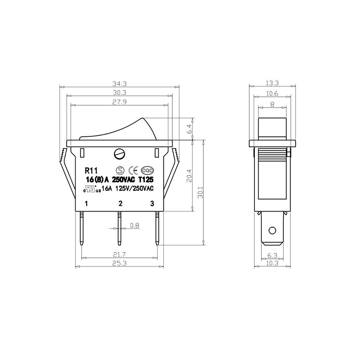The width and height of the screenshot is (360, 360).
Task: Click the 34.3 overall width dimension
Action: point(119,83)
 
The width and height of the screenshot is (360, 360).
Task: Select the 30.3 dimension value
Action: point(119,93)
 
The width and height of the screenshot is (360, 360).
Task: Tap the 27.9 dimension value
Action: point(119,102)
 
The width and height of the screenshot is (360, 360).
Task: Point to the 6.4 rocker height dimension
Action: point(189,129)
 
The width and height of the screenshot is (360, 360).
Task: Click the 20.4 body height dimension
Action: point(189,175)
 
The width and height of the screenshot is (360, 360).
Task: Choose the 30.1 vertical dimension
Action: point(200,193)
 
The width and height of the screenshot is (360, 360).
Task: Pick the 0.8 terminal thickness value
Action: point(135,225)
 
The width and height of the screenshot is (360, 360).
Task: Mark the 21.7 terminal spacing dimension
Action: point(119,254)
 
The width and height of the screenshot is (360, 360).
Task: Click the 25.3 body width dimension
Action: point(119,263)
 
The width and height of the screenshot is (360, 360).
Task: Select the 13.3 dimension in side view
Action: point(272,83)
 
